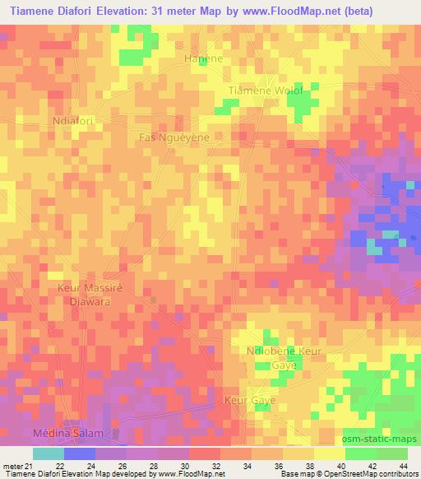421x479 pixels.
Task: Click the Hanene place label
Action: (204, 59)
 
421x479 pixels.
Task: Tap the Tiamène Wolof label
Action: (266, 90)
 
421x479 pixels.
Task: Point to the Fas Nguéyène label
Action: (174, 137)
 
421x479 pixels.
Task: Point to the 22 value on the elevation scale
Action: (59, 466)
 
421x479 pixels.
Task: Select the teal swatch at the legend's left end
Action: (49, 453)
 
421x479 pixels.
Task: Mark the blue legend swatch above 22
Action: (80, 453)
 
